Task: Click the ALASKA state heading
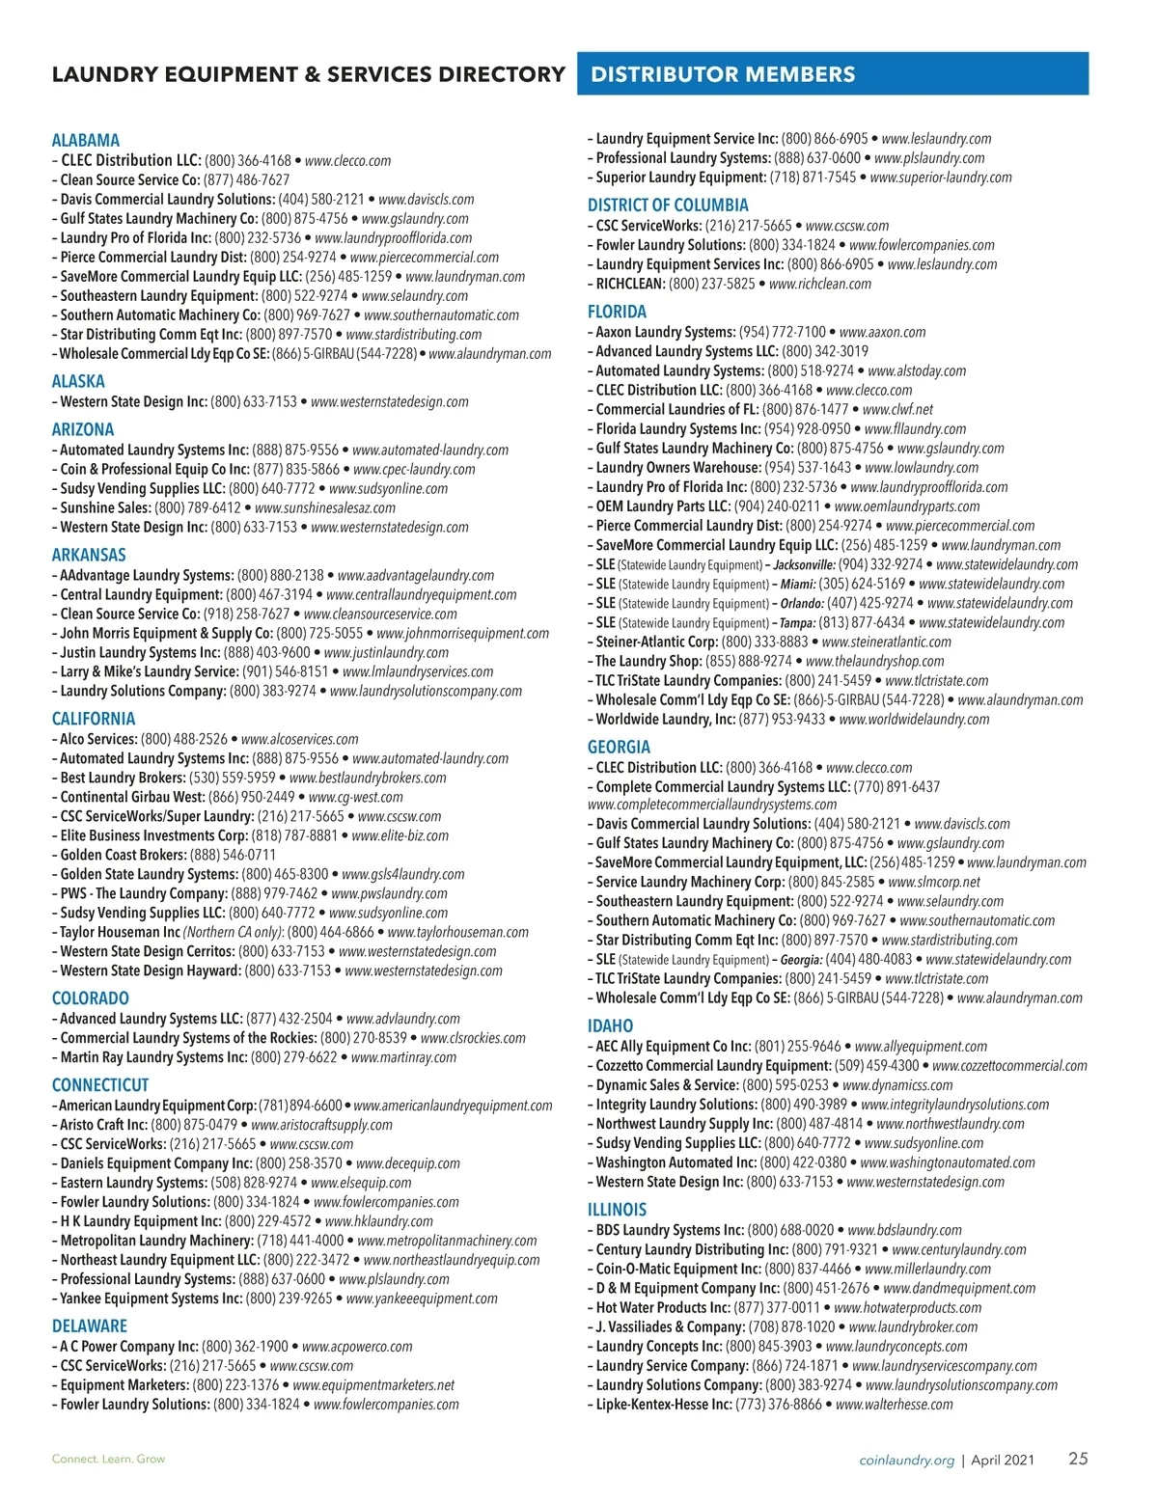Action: (x=78, y=381)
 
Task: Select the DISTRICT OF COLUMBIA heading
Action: (x=668, y=205)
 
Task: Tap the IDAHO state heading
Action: (x=610, y=1025)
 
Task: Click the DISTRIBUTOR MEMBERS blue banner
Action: (x=832, y=74)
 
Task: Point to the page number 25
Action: (x=1077, y=1459)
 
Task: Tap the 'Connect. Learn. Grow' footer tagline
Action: (x=108, y=1459)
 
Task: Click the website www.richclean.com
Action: (x=820, y=284)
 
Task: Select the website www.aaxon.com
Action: (x=882, y=332)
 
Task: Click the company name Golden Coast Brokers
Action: (x=123, y=855)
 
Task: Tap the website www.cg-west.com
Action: (x=356, y=797)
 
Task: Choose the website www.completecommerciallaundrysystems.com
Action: (x=712, y=805)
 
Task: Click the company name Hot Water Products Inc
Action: (x=662, y=1307)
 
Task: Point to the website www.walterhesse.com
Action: (x=895, y=1404)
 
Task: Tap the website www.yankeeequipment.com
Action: (x=422, y=1298)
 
